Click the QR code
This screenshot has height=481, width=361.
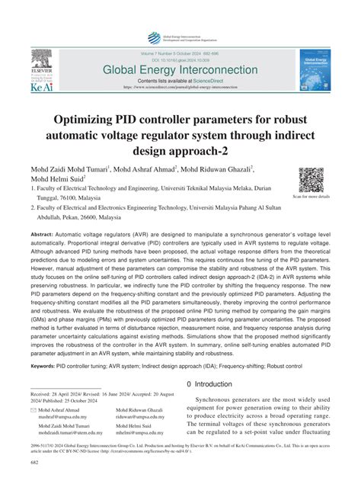311,179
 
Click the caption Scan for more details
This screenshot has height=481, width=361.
311,197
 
